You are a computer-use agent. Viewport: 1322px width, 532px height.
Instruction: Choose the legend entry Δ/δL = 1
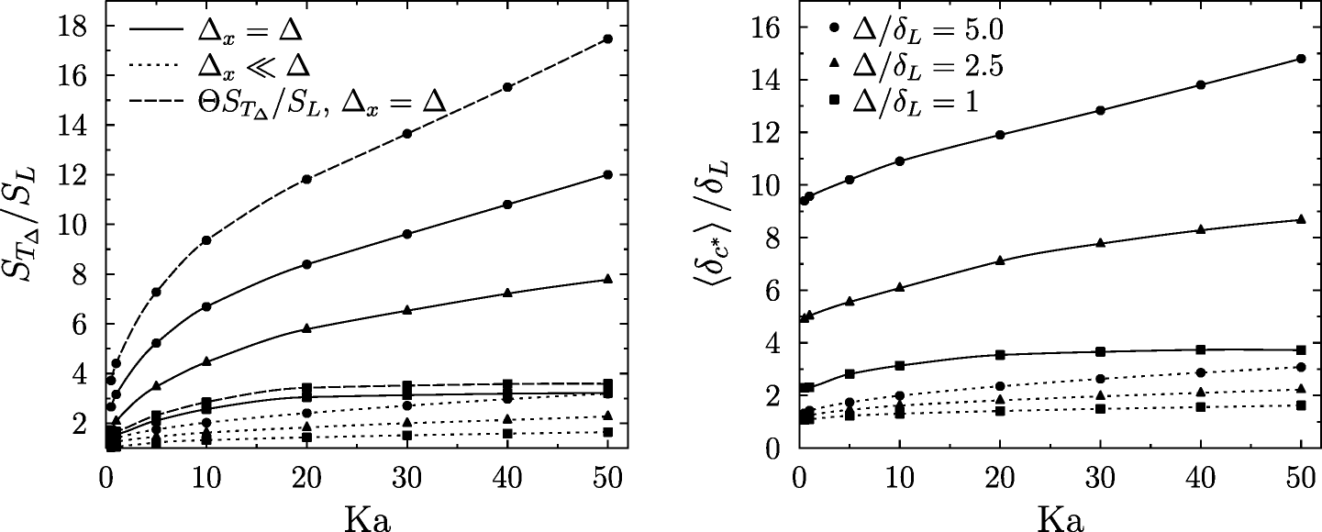(x=904, y=103)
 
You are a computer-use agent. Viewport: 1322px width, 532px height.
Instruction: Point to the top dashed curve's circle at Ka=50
(x=607, y=39)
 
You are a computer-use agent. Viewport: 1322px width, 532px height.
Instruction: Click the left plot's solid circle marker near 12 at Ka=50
(x=607, y=175)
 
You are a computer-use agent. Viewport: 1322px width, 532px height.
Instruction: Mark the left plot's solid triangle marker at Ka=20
(x=306, y=328)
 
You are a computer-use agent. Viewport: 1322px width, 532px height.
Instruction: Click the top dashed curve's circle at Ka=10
(x=206, y=240)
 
